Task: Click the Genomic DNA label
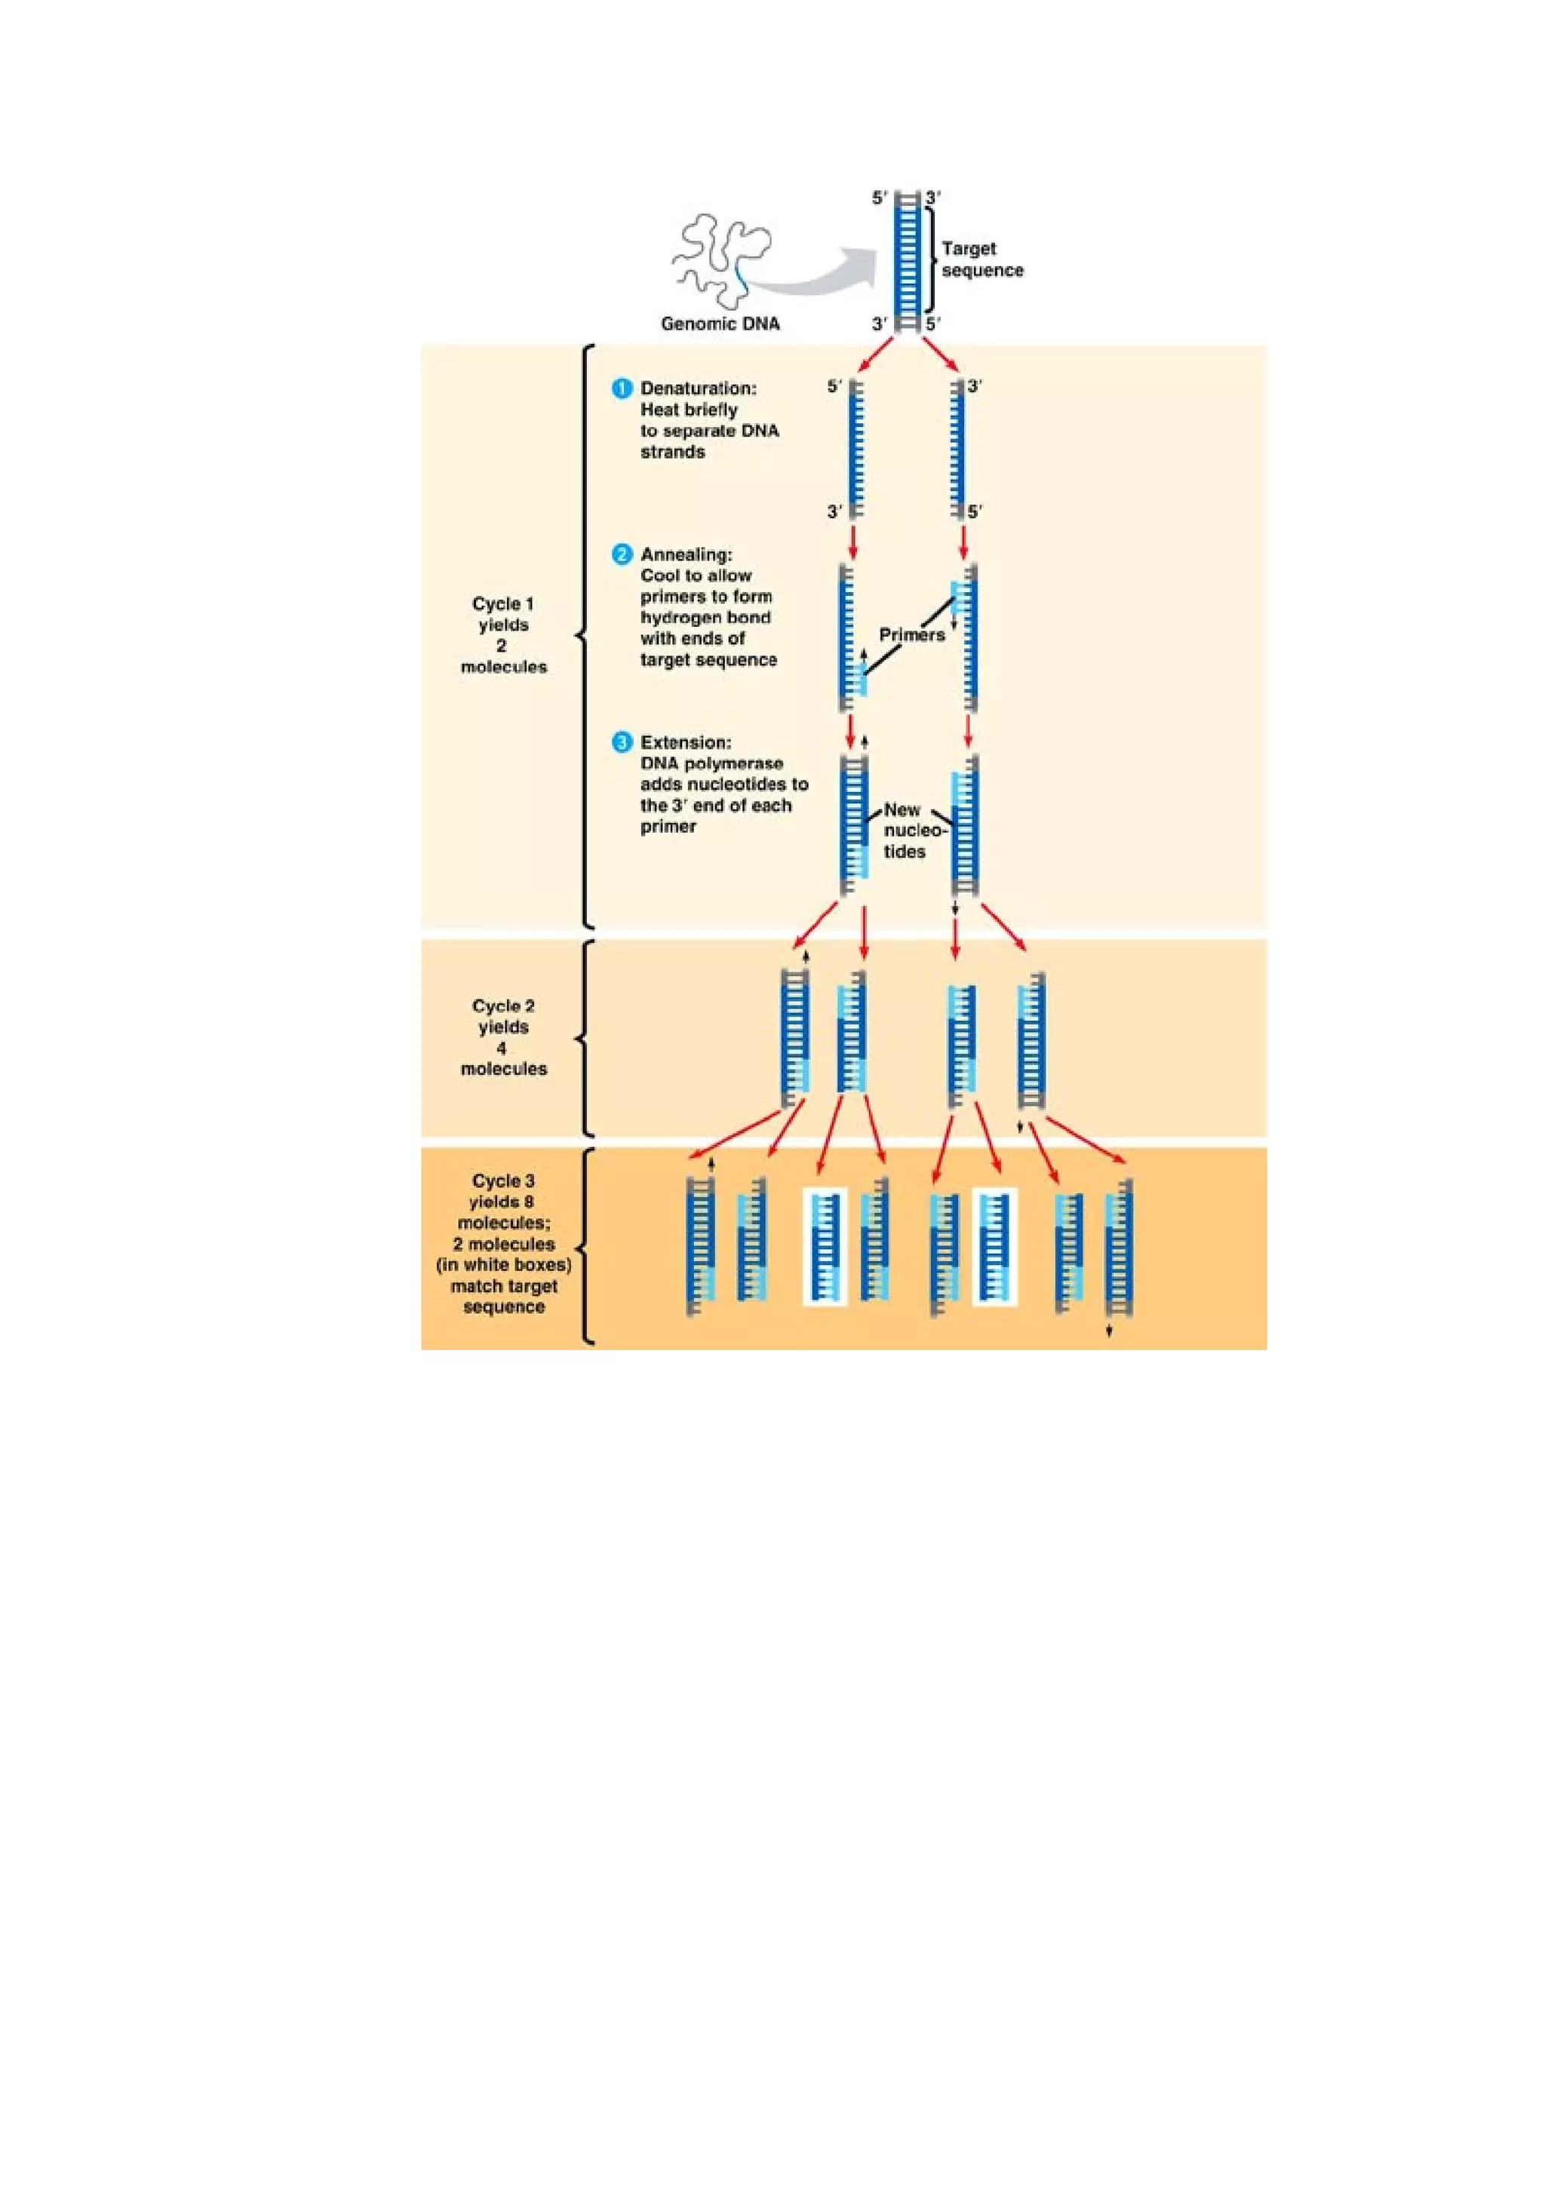tap(720, 324)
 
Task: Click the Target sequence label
tap(981, 259)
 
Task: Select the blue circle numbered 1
tap(622, 388)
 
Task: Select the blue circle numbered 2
tap(622, 554)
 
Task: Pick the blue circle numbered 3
tap(622, 741)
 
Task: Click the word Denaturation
tap(698, 388)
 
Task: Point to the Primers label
tap(912, 635)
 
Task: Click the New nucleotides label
tap(905, 830)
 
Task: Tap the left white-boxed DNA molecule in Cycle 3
tap(825, 1246)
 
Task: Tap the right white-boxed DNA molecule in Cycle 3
tap(995, 1246)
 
